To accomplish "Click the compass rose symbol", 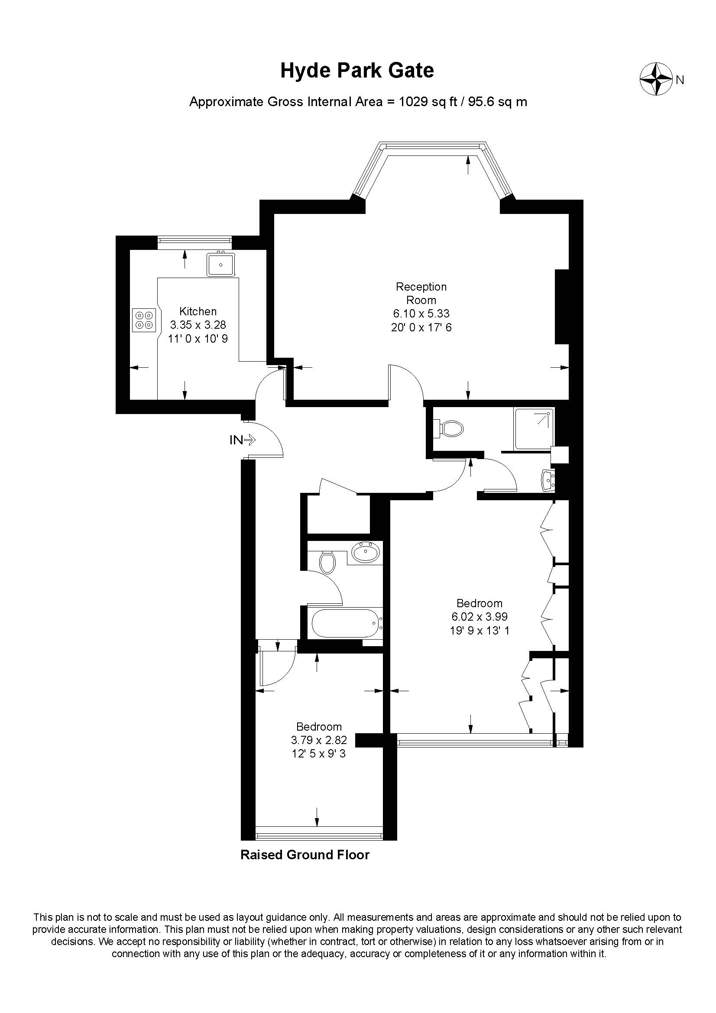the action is [655, 79].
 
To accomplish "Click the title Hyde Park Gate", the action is [357, 71].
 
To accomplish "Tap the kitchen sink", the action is [221, 264].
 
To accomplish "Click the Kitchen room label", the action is [198, 311].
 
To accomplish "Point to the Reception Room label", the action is [421, 293].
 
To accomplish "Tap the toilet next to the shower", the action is [449, 428].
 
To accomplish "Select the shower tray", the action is [534, 428].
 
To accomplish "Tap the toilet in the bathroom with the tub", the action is [327, 562].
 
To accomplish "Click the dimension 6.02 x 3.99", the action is [479, 616].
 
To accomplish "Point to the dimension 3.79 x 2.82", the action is [319, 740].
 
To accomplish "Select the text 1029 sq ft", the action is [427, 102].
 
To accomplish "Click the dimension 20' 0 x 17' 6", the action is [421, 327].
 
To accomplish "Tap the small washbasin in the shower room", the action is [548, 479].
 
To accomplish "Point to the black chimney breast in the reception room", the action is [562, 306].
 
